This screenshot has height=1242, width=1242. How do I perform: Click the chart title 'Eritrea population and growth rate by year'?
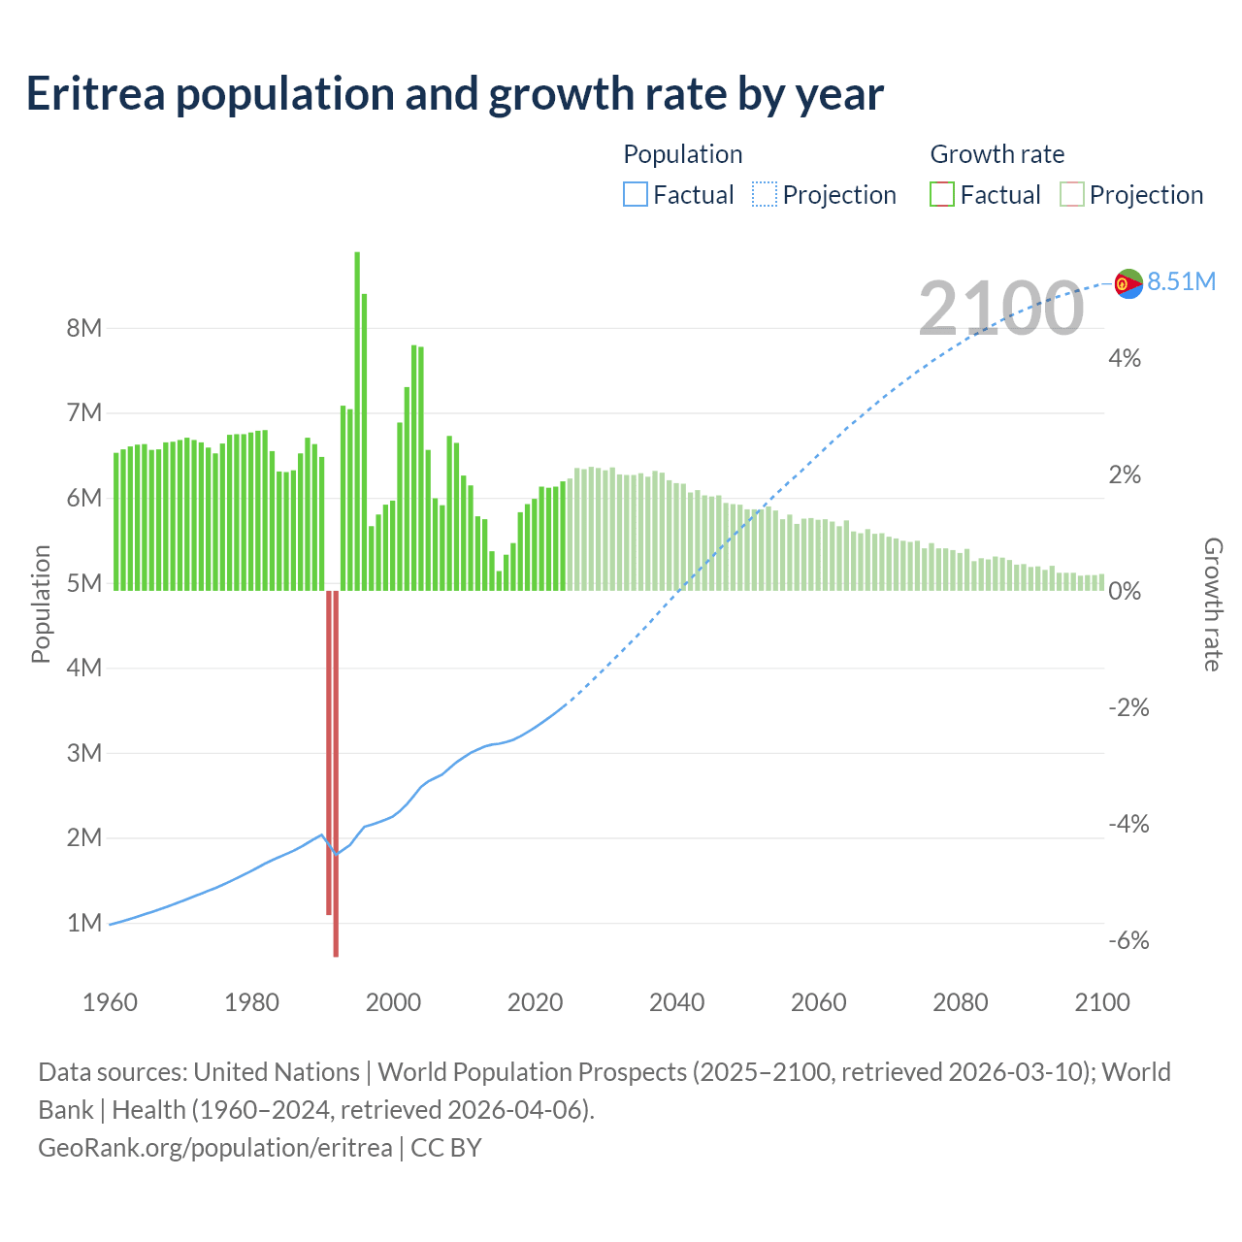pyautogui.click(x=454, y=94)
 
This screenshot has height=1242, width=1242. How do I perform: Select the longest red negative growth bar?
pyautogui.click(x=336, y=776)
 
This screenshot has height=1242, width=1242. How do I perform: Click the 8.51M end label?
pyautogui.click(x=1181, y=281)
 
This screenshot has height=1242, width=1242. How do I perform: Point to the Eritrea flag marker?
pyautogui.click(x=1128, y=283)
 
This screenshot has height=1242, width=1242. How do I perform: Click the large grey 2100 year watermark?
pyautogui.click(x=1000, y=309)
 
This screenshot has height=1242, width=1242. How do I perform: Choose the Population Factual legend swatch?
pyautogui.click(x=635, y=195)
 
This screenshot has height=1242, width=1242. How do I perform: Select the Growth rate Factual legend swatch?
pyautogui.click(x=941, y=195)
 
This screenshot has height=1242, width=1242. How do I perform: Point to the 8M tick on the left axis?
pyautogui.click(x=84, y=328)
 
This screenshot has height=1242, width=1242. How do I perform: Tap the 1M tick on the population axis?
pyautogui.click(x=84, y=923)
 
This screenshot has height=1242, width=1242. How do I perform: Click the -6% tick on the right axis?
pyautogui.click(x=1128, y=940)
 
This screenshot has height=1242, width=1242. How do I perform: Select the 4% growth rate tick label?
pyautogui.click(x=1125, y=358)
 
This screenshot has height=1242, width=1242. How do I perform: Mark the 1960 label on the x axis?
pyautogui.click(x=110, y=1002)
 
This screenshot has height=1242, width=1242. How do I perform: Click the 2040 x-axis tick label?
pyautogui.click(x=676, y=1002)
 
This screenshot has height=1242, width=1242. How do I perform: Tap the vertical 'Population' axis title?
pyautogui.click(x=41, y=604)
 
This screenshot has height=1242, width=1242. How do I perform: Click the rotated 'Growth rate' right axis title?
pyautogui.click(x=1212, y=604)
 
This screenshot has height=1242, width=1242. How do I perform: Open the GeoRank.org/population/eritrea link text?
pyautogui.click(x=215, y=1148)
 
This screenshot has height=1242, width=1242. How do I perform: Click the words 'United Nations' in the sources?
pyautogui.click(x=277, y=1072)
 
